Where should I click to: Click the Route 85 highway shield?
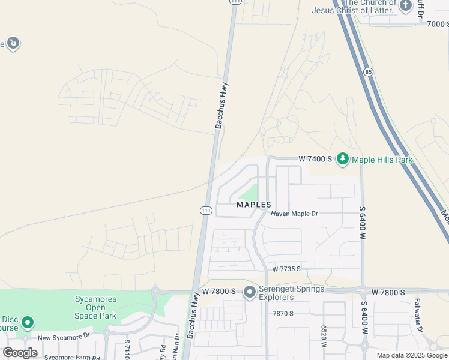(x=367, y=72)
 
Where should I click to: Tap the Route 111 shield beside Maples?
(x=205, y=210)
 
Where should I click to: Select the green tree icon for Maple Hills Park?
(x=343, y=159)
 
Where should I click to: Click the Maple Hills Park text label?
(x=382, y=160)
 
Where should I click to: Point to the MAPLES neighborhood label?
(x=255, y=205)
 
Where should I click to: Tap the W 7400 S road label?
(x=316, y=159)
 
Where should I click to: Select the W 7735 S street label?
(x=286, y=269)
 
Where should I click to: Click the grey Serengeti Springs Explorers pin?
(x=250, y=293)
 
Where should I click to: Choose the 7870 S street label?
(x=283, y=313)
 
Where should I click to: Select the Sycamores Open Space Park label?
(x=95, y=307)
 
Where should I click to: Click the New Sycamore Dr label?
(x=64, y=338)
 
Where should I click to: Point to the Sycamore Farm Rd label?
(x=71, y=357)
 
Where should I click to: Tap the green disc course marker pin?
(x=27, y=323)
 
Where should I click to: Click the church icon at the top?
(x=406, y=6)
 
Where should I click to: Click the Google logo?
(x=20, y=353)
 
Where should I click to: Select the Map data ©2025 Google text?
(x=412, y=355)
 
